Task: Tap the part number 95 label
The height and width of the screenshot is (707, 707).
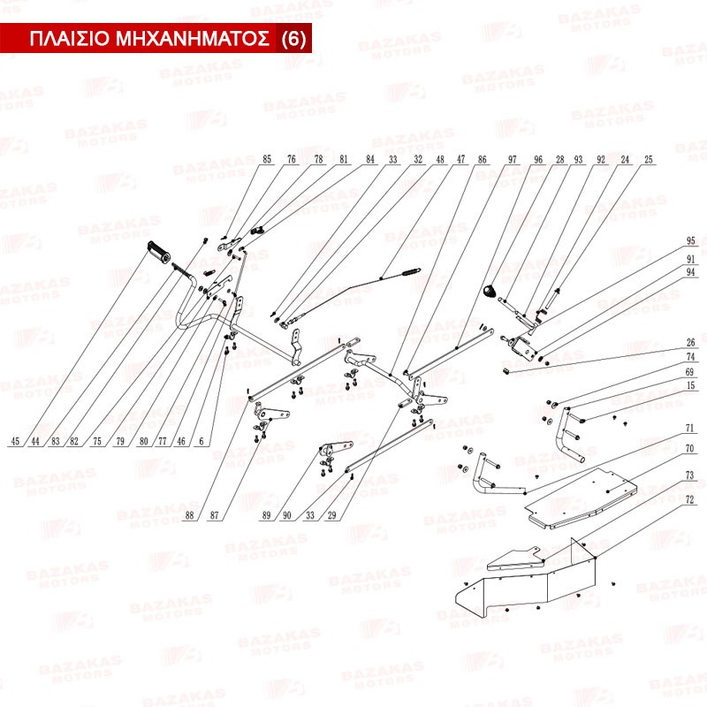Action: pos(691,241)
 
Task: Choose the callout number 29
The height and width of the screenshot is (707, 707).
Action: pos(331,516)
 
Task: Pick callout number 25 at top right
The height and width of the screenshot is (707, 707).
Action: pos(649,160)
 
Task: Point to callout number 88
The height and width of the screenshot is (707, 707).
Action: pos(189,516)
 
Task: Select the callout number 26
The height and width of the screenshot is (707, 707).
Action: pos(691,342)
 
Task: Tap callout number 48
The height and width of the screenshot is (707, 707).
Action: pos(439,160)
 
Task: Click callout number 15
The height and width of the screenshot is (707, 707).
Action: pos(691,385)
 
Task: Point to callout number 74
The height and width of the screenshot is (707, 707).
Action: pos(691,356)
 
